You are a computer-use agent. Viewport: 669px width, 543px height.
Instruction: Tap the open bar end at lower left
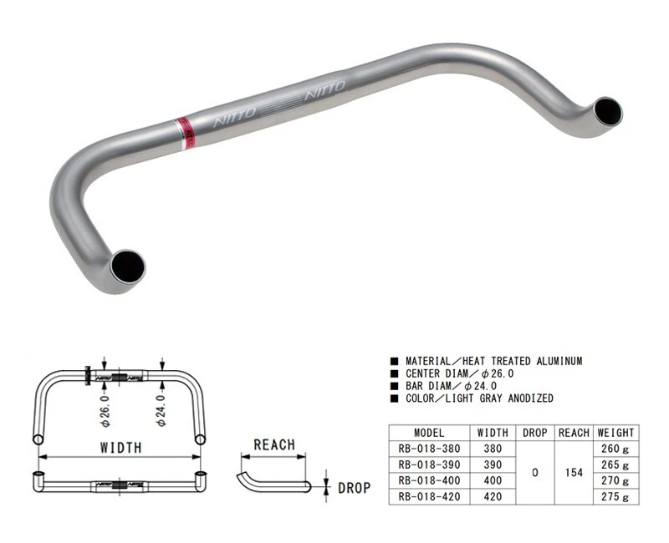(130, 266)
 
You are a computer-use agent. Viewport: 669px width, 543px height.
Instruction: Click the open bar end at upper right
(608, 111)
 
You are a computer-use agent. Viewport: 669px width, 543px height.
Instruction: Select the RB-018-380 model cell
(430, 449)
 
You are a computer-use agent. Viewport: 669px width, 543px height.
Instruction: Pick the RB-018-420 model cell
(430, 496)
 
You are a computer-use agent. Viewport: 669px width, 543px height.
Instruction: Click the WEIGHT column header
(615, 433)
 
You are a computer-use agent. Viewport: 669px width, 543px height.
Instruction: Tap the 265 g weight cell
(615, 464)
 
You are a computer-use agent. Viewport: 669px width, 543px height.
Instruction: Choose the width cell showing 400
(493, 480)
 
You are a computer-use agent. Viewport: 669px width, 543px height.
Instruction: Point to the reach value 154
(574, 473)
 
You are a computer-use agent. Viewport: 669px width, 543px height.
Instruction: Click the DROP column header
(534, 433)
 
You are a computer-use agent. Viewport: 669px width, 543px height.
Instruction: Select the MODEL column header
(430, 433)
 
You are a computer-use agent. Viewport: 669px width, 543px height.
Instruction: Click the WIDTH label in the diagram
(120, 447)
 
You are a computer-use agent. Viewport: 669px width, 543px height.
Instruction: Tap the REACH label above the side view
(274, 444)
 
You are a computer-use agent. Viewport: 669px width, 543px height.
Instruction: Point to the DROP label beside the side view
(354, 487)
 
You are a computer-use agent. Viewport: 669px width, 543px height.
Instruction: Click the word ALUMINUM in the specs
(553, 361)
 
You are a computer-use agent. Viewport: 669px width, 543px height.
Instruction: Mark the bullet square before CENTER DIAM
(393, 373)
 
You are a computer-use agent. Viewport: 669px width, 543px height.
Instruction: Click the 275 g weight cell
(615, 496)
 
